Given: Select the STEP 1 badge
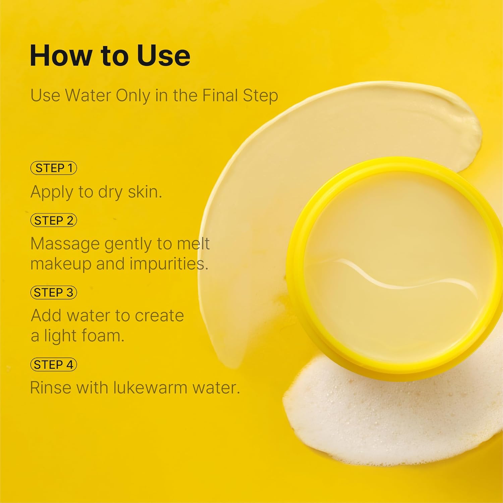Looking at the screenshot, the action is (54, 168).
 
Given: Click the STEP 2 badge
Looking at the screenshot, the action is (54, 221).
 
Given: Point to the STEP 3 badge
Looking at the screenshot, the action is (54, 292).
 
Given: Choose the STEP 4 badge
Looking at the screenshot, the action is (54, 365).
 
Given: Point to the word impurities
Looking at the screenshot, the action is (169, 264).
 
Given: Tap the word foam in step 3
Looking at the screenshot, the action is (102, 335).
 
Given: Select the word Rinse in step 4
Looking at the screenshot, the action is (51, 388).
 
